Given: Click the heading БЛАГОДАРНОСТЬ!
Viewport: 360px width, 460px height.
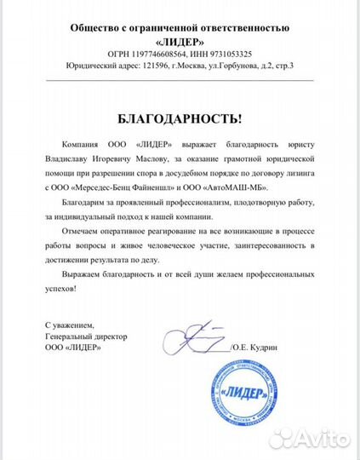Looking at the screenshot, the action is pos(180,118).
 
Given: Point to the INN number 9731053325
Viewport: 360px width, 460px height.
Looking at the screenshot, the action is pos(228,54).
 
